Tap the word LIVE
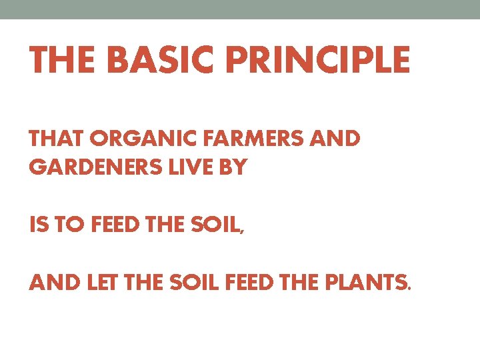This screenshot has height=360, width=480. (190, 168)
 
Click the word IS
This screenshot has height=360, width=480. (38, 226)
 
